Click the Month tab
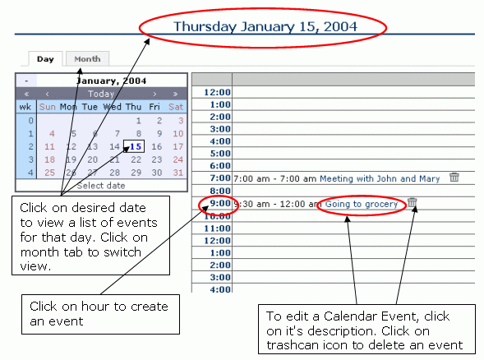click(87, 58)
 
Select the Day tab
click(45, 59)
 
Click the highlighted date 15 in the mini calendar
click(134, 146)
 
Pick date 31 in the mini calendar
click(178, 173)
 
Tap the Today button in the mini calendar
click(101, 94)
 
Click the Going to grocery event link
click(362, 204)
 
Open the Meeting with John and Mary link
click(380, 178)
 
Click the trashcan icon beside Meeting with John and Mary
click(454, 178)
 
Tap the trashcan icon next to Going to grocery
click(412, 202)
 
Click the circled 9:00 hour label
click(220, 203)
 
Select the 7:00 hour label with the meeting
click(220, 178)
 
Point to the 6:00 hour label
click(220, 166)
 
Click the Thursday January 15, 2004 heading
click(265, 26)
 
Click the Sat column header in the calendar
click(176, 107)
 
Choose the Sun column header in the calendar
click(47, 107)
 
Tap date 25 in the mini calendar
click(49, 173)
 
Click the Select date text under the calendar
click(101, 186)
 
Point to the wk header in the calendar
click(25, 107)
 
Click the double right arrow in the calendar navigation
click(175, 94)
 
